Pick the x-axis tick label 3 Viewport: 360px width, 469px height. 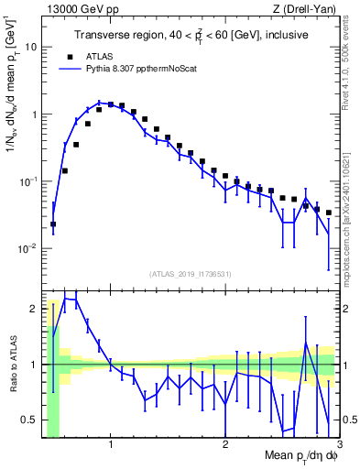338,442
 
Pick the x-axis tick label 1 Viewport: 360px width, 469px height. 111,442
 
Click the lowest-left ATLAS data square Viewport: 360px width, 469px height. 53,224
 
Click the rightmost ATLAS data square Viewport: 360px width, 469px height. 328,213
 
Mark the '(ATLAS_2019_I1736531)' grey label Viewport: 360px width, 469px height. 191,273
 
